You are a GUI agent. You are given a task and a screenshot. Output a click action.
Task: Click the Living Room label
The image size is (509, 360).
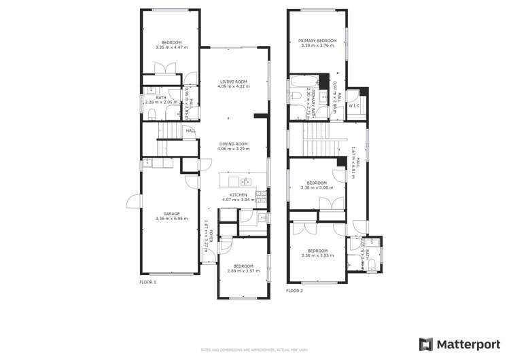click(x=233, y=82)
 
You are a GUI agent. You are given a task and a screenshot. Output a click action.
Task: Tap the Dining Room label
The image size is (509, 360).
click(x=233, y=143)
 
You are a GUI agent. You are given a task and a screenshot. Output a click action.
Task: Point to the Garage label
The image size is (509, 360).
click(x=171, y=213)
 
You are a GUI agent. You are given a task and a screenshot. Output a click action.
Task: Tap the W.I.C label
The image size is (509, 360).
click(x=354, y=105)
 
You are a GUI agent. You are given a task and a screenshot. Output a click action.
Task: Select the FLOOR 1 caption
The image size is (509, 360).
click(x=147, y=281)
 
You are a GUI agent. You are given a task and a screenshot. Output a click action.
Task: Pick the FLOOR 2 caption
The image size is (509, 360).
click(x=294, y=291)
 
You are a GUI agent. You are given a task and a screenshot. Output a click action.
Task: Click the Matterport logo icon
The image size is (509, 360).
click(x=426, y=344)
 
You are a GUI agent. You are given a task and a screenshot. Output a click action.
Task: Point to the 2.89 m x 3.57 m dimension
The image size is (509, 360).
click(x=243, y=271)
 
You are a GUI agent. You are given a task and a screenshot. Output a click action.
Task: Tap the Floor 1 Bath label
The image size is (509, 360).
click(x=160, y=98)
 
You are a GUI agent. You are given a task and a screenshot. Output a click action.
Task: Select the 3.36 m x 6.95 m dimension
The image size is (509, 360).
click(x=171, y=218)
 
